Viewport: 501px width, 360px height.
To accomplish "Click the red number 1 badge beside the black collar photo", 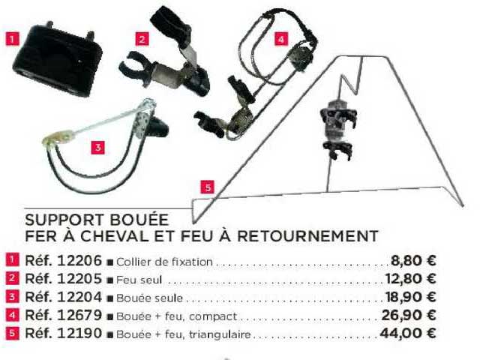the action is pyautogui.click(x=12, y=39).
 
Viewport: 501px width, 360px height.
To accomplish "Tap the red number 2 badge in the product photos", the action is pyautogui.click(x=142, y=39).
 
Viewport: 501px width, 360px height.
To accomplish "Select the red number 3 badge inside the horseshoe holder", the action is pyautogui.click(x=97, y=147).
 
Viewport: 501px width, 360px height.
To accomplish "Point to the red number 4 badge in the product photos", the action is pyautogui.click(x=280, y=39).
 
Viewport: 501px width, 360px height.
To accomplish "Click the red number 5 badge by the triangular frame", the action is pyautogui.click(x=208, y=187).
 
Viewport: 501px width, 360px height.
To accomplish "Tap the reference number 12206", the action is pyautogui.click(x=79, y=261).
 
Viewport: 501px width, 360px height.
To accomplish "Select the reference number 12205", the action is pyautogui.click(x=79, y=279).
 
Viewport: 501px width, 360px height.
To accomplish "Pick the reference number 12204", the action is pyautogui.click(x=79, y=297).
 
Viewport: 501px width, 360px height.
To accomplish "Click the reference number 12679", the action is pyautogui.click(x=79, y=315).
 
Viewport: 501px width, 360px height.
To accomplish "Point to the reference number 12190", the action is pyautogui.click(x=79, y=334).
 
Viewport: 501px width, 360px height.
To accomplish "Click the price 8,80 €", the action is pyautogui.click(x=413, y=261).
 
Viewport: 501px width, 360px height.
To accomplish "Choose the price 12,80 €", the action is pyautogui.click(x=411, y=279).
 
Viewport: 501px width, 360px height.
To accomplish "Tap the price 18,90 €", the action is pyautogui.click(x=411, y=297).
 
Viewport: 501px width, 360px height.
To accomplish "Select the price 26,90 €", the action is pyautogui.click(x=409, y=315).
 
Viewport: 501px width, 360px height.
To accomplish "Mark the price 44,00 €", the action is pyautogui.click(x=408, y=334).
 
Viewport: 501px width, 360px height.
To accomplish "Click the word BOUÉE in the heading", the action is pyautogui.click(x=139, y=220).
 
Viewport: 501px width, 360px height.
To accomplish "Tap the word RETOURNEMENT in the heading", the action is pyautogui.click(x=307, y=236).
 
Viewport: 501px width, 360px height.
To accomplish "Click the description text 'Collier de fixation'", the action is pyautogui.click(x=164, y=262).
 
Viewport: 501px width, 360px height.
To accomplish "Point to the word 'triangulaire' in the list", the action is pyautogui.click(x=220, y=334).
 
